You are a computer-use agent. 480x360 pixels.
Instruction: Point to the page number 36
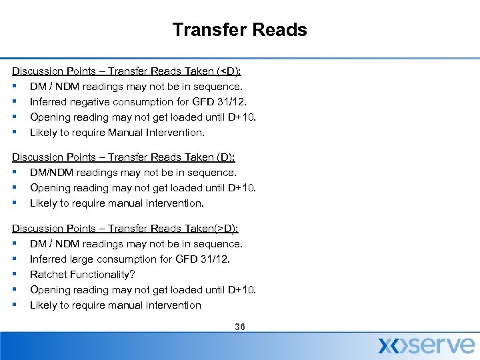coord(240,327)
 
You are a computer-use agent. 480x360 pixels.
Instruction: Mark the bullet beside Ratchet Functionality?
coord(14,274)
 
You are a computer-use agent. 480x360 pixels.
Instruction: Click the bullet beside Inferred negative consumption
coord(14,102)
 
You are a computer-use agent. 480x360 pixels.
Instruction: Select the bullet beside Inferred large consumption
coord(14,259)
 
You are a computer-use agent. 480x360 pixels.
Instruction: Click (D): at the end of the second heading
coord(224,157)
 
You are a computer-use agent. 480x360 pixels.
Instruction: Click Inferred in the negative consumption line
coord(49,102)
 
